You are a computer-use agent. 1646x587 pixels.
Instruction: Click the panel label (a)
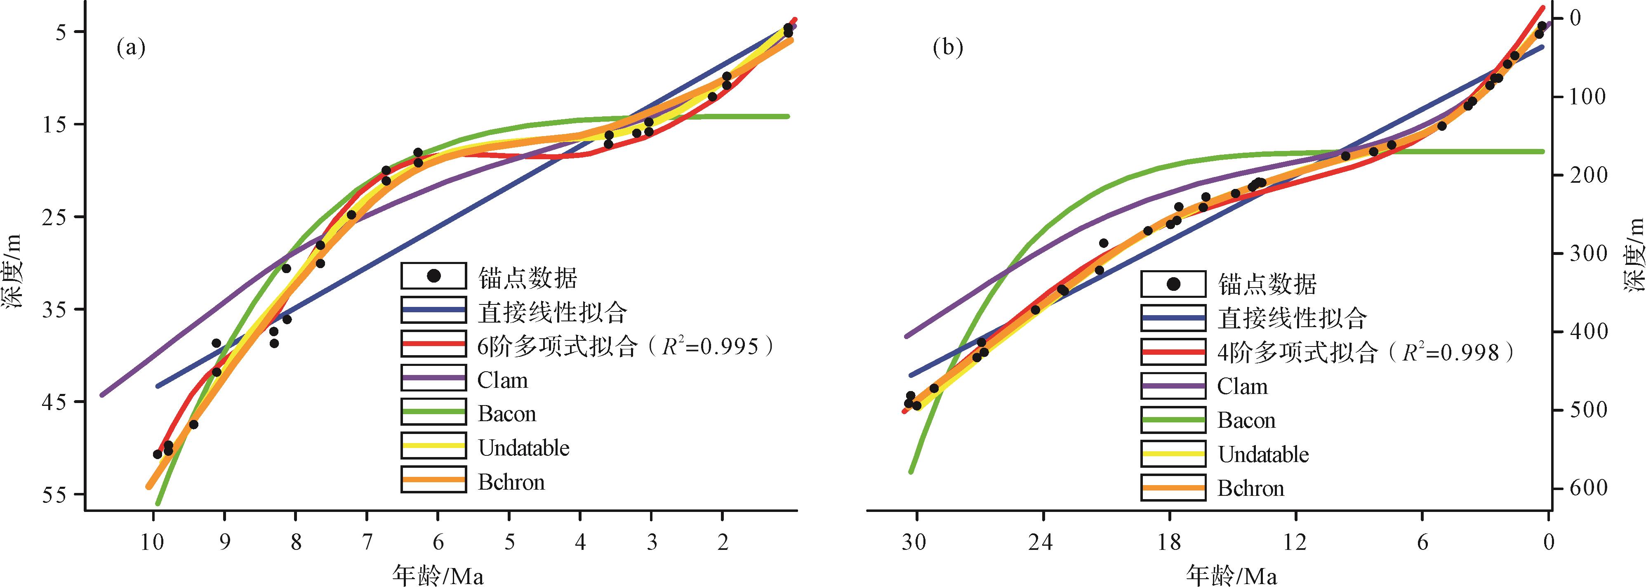pyautogui.click(x=131, y=48)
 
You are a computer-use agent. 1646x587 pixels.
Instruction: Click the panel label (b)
pyautogui.click(x=948, y=48)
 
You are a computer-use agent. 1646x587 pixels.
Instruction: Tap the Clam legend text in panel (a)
pyautogui.click(x=502, y=380)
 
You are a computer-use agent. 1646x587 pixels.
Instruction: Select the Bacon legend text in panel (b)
pyautogui.click(x=1246, y=421)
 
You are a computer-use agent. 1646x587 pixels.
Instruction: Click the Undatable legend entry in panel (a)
pyautogui.click(x=523, y=448)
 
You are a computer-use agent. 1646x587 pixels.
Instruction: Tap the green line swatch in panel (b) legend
pyautogui.click(x=1173, y=420)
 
